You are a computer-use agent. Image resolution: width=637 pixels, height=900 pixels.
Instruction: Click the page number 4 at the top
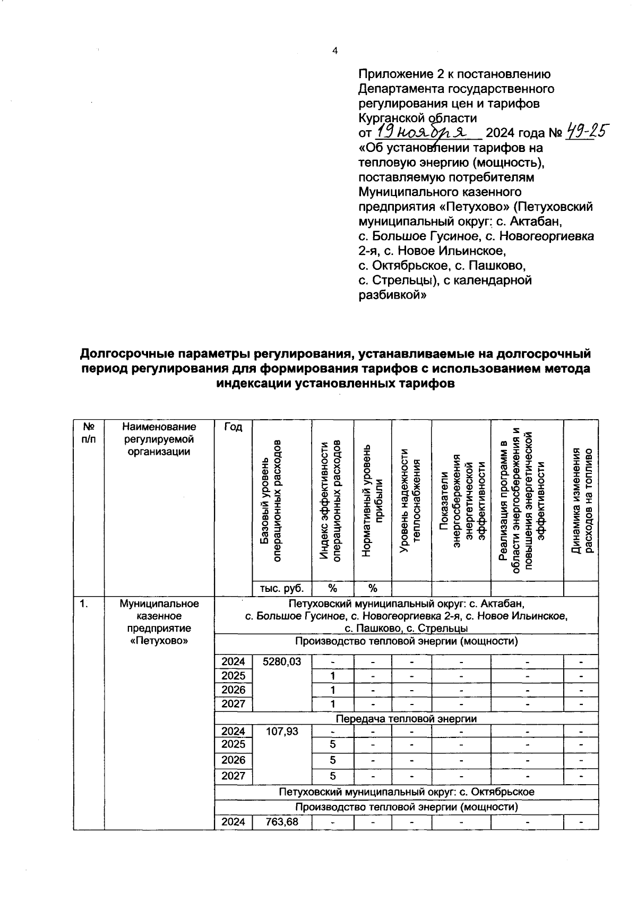[x=334, y=51]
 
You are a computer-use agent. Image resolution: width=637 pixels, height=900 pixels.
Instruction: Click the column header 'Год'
[x=233, y=427]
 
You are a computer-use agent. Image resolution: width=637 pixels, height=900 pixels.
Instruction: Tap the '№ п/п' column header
[x=89, y=434]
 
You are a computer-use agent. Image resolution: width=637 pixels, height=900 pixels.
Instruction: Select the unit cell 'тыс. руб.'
[x=282, y=588]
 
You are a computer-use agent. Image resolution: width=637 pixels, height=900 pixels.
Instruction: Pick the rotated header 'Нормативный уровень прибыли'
[x=372, y=500]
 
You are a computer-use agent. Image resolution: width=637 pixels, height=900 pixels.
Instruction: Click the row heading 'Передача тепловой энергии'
[x=406, y=718]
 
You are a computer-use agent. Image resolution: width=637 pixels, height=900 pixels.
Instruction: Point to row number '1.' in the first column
[x=83, y=604]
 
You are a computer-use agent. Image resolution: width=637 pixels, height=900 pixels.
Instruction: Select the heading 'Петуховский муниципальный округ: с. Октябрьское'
[x=406, y=792]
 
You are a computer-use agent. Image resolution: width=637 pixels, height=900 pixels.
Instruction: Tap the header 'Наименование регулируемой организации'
[x=159, y=439]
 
